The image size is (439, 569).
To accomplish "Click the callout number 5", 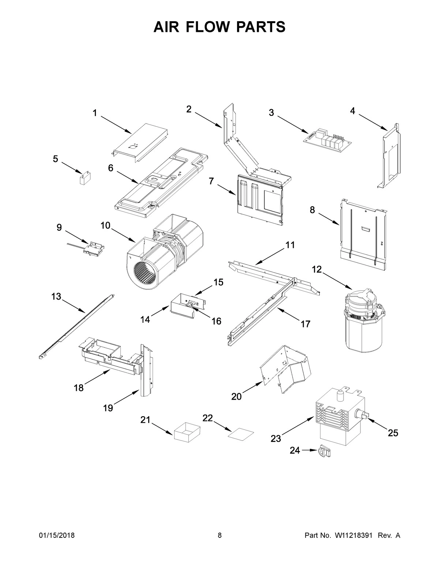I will (x=55, y=159).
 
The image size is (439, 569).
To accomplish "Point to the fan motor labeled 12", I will (x=364, y=319).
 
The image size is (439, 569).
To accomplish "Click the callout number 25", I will (x=393, y=433).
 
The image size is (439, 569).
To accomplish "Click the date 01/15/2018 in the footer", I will (x=57, y=536).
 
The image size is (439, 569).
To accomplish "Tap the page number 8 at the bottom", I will (x=219, y=536).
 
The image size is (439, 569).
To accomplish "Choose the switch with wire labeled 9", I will (x=90, y=248).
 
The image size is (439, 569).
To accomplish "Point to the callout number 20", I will (x=236, y=396).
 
